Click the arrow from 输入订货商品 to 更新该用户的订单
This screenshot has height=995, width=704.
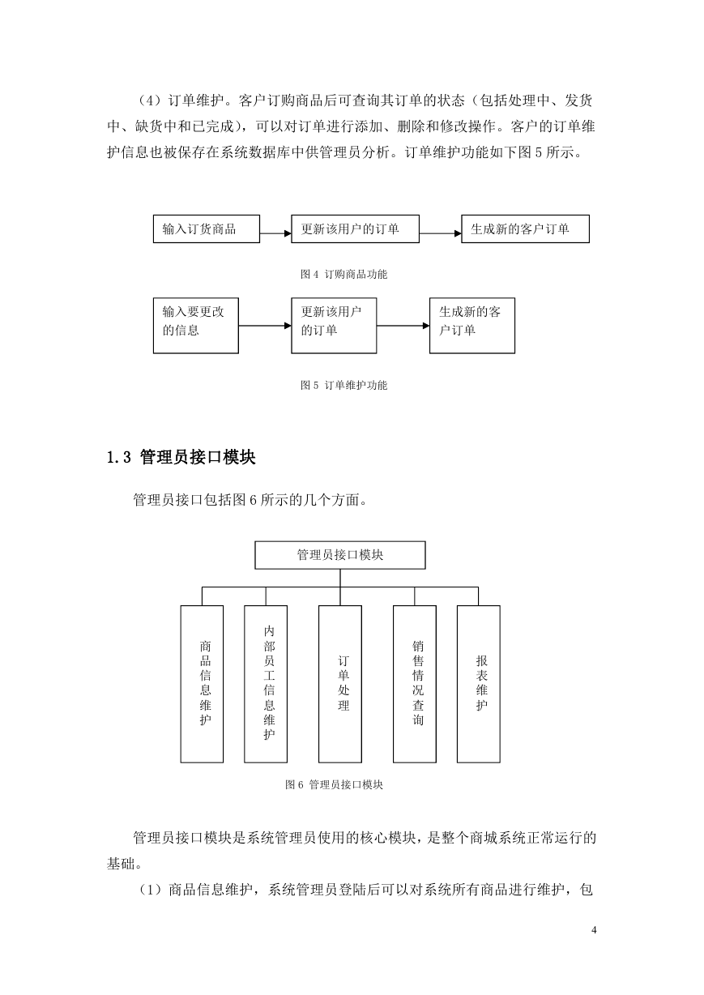pos(275,233)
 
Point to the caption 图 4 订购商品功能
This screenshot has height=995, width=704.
pos(343,274)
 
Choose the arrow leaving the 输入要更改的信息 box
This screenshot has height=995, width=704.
pos(265,326)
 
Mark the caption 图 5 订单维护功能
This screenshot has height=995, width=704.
pos(343,385)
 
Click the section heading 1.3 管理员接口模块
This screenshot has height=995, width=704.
pos(181,457)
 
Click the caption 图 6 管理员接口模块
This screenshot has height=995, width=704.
pos(334,784)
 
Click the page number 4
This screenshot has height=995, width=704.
pos(594,929)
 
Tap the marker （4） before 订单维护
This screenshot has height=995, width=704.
pos(149,100)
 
